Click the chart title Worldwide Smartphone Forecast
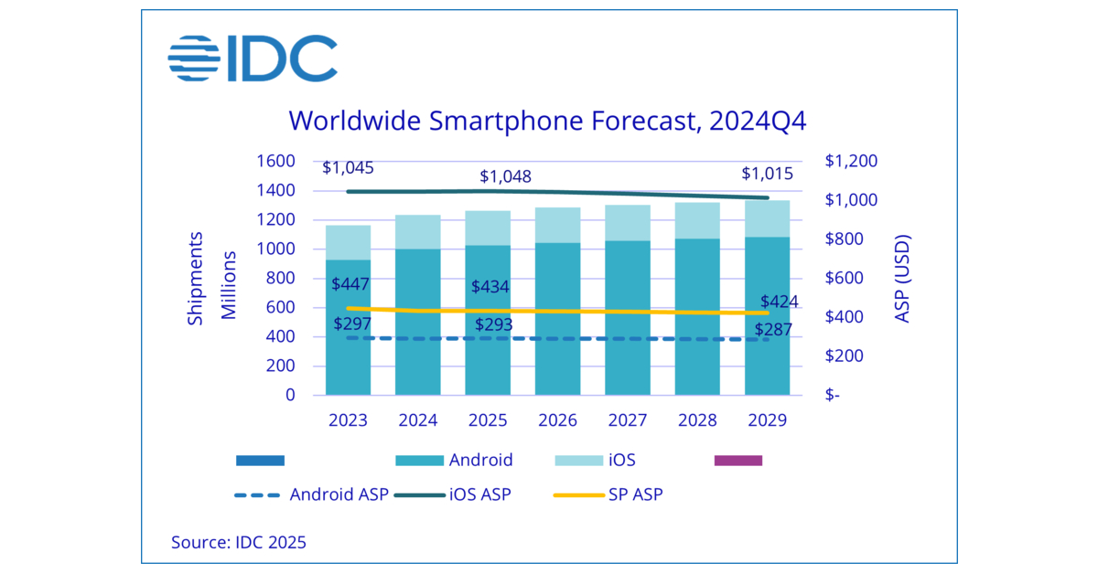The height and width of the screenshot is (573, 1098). tap(547, 121)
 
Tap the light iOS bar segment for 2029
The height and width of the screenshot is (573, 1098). tap(767, 218)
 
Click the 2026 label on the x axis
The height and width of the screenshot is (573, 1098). tap(557, 420)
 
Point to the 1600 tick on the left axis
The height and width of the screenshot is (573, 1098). tap(275, 162)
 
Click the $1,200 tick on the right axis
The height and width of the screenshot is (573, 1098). tap(850, 162)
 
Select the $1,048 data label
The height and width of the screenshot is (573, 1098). tap(506, 176)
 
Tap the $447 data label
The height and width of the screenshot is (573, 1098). tap(351, 285)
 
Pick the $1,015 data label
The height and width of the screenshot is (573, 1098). tap(767, 174)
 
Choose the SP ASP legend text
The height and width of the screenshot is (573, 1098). tap(635, 494)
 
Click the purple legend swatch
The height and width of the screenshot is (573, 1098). tap(737, 460)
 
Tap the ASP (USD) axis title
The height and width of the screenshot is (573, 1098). tap(903, 279)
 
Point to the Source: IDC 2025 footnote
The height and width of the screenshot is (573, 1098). tap(239, 542)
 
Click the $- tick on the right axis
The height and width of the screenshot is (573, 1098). tap(834, 396)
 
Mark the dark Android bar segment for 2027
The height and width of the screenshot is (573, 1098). tap(627, 320)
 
